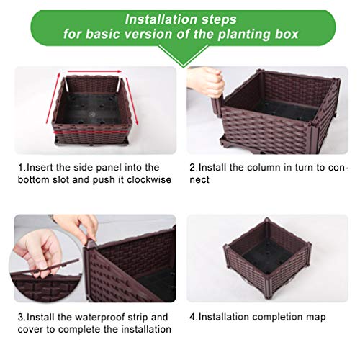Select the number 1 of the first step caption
click(x=20, y=167)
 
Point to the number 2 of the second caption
click(x=192, y=167)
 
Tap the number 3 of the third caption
click(x=20, y=317)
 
